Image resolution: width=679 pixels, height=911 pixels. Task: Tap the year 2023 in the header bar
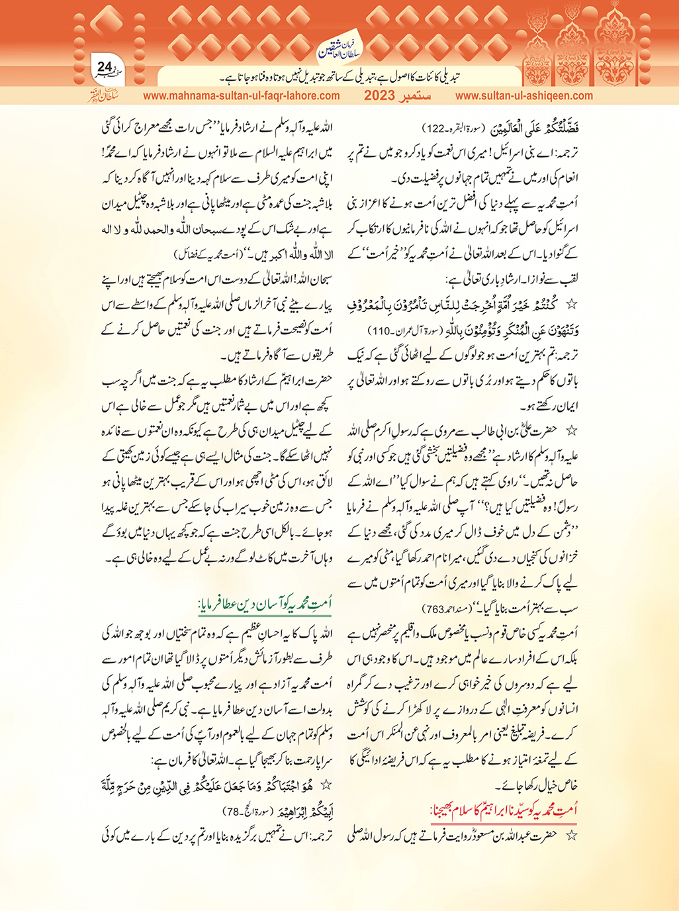382,95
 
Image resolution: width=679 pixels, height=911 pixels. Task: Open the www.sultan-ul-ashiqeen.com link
524,95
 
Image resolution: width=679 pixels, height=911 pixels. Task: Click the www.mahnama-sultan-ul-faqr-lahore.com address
242,95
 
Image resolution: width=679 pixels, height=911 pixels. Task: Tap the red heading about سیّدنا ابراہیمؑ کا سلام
504,808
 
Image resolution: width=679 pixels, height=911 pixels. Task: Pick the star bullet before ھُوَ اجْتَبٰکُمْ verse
325,785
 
